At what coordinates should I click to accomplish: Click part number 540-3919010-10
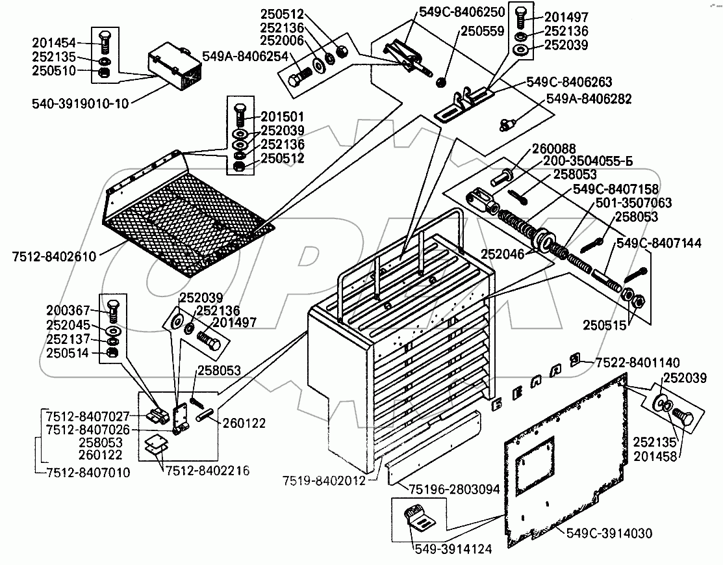click(81, 103)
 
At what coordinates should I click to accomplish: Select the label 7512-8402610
click(55, 256)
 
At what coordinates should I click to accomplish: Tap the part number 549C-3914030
click(609, 534)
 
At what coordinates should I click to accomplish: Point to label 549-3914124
click(453, 549)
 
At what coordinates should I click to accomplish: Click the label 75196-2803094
click(453, 489)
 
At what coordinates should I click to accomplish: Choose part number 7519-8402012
click(324, 481)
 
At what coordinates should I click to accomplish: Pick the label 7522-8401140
click(637, 362)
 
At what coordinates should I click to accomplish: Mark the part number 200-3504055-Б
click(588, 161)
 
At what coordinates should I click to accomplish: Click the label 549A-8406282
click(589, 99)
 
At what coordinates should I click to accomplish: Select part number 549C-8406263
click(569, 82)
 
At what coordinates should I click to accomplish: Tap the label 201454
click(53, 43)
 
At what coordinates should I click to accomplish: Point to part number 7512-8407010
click(88, 472)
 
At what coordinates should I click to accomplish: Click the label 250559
click(483, 31)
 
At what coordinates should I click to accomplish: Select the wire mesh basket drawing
click(188, 213)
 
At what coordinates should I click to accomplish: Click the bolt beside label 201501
click(240, 115)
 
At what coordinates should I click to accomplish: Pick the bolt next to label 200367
click(112, 311)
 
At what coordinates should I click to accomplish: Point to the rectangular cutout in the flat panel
click(534, 464)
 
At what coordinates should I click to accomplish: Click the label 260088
click(553, 149)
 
